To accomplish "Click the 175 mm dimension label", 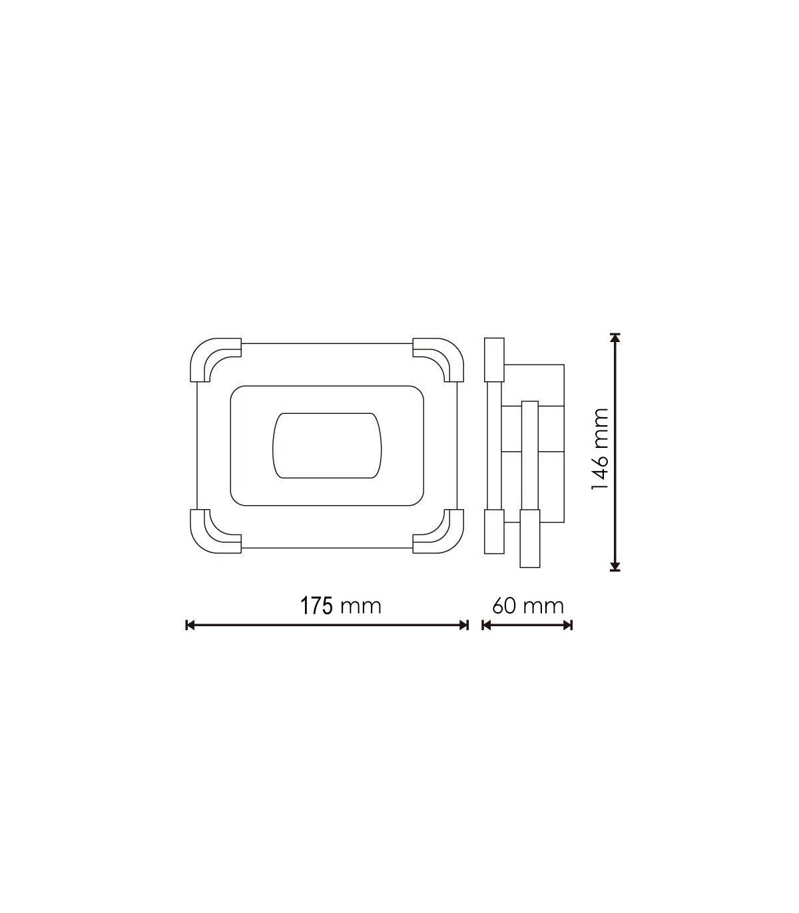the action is click(341, 606).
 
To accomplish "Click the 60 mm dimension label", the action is click(528, 606).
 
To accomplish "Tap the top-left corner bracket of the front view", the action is click(215, 360).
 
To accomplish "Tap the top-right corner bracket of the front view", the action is click(438, 360).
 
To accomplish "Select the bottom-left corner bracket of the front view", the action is click(215, 532).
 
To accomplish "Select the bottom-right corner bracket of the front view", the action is click(438, 532).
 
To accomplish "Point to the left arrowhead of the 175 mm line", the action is click(190, 625).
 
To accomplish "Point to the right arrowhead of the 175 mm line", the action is click(464, 625).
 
